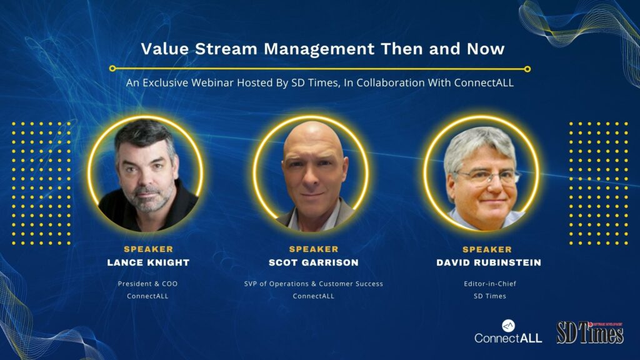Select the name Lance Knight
[x=148, y=262]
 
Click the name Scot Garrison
[x=314, y=262]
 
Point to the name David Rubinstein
[x=489, y=262]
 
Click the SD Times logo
[x=590, y=332]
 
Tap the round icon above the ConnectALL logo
[x=508, y=326]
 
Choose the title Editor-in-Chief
[x=490, y=284]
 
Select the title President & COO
[x=147, y=284]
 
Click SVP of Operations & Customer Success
[x=314, y=284]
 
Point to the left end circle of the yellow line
[x=112, y=69]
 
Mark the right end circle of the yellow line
[x=527, y=69]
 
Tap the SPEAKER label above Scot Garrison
[x=314, y=249]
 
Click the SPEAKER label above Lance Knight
[x=149, y=249]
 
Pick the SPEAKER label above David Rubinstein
[x=487, y=249]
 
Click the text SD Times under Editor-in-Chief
[x=490, y=296]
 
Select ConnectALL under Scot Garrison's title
[x=314, y=296]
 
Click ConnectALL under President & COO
[x=147, y=296]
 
